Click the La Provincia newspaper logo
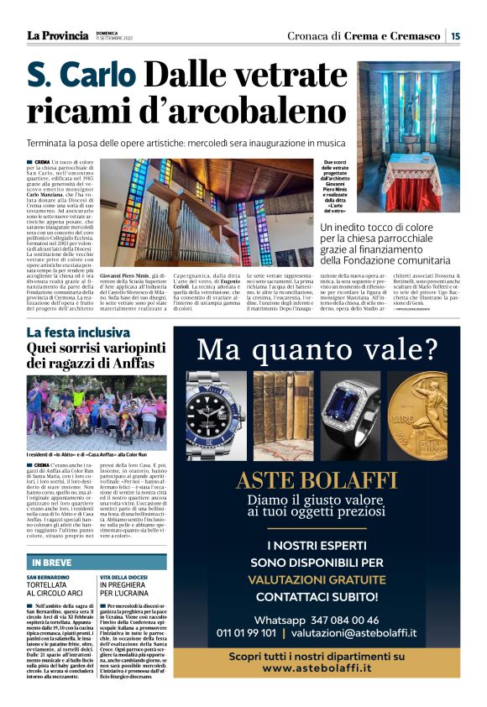point(57,35)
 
